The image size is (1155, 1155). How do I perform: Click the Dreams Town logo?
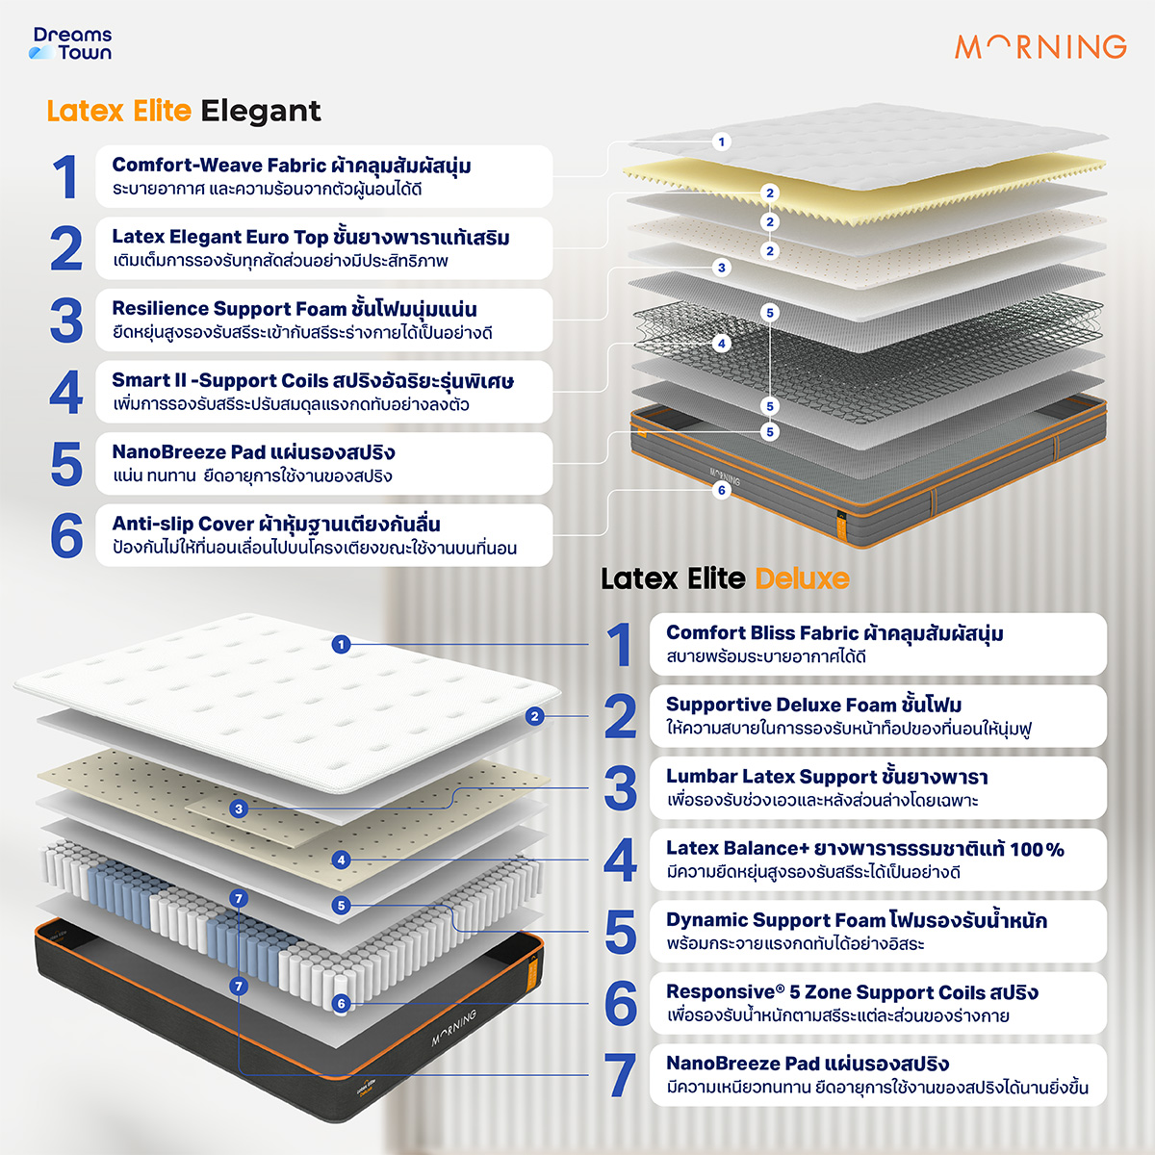click(70, 43)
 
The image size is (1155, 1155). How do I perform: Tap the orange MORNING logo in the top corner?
click(1040, 47)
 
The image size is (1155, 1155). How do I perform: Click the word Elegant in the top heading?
click(261, 111)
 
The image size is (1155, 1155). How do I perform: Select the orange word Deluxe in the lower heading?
click(802, 578)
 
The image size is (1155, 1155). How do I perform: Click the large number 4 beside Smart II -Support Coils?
click(66, 392)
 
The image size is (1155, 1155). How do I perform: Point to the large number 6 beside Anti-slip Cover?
click(66, 535)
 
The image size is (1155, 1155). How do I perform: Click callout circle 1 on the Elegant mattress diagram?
click(722, 142)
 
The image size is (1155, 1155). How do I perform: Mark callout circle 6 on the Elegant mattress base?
click(722, 490)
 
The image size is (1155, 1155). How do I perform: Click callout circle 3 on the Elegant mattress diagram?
click(722, 268)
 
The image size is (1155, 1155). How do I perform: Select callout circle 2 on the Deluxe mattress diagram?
click(534, 716)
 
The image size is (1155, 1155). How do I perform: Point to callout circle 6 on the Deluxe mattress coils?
click(341, 1003)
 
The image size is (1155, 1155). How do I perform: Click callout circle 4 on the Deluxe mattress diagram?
click(341, 860)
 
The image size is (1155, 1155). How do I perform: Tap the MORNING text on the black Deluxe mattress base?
click(453, 1028)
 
